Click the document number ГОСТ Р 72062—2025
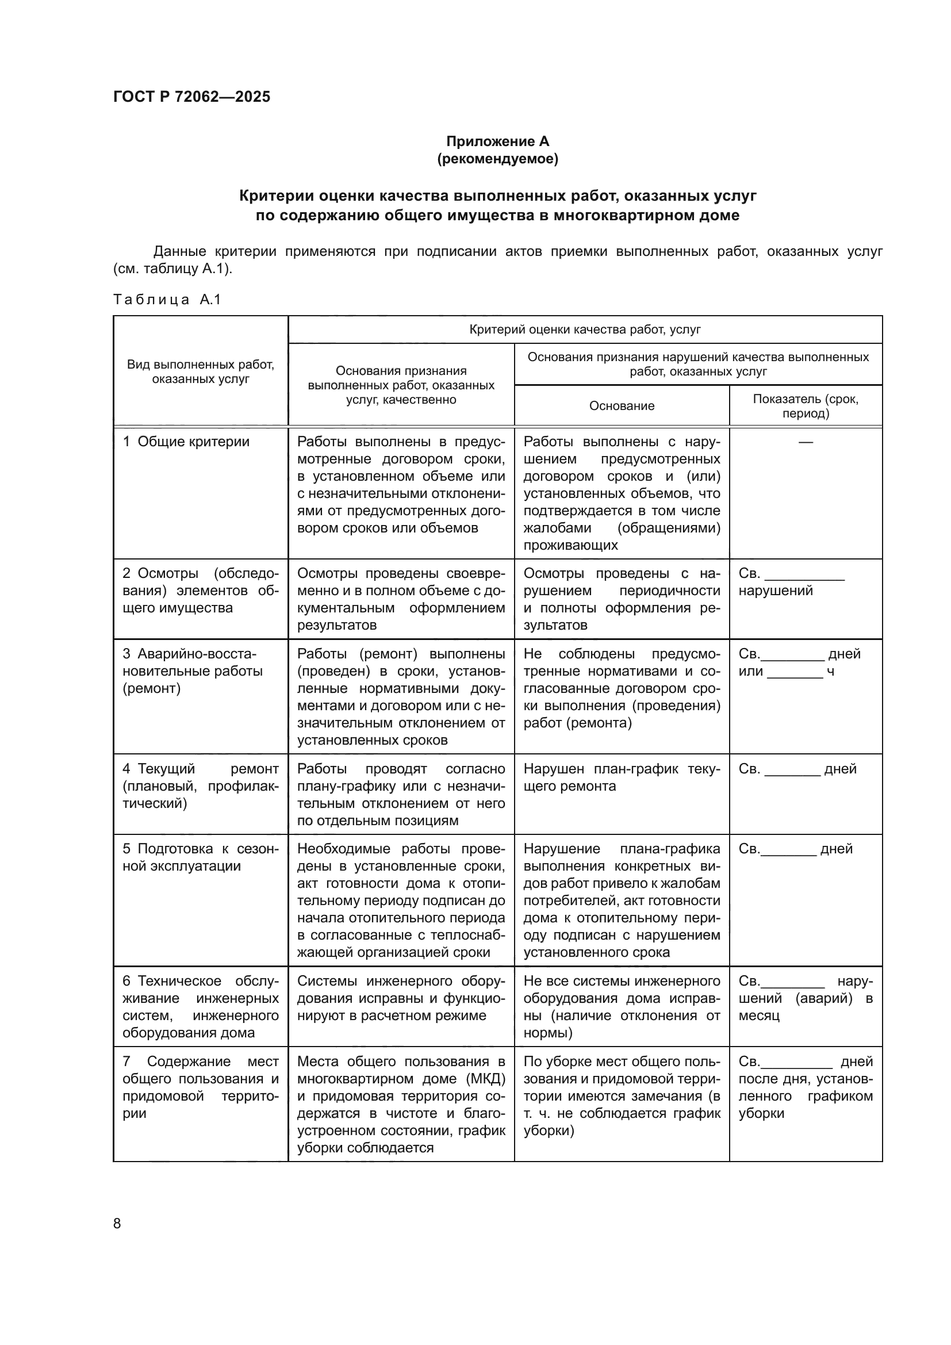coord(191,97)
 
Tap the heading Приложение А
coord(497,141)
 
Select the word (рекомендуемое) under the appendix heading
coord(497,159)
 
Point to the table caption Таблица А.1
coord(167,300)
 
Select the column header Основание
coord(622,406)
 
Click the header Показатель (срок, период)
coord(805,406)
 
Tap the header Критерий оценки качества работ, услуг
coord(584,329)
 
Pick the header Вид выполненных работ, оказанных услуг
coord(200,371)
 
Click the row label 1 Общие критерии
coord(186,442)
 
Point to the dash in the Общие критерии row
coord(805,442)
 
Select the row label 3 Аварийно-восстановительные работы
coord(193,670)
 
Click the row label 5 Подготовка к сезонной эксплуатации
coord(200,857)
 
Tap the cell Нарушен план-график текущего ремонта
coord(622,777)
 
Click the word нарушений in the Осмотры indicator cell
coord(775,591)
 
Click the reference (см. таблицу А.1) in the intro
coord(172,269)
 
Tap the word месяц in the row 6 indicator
coord(758,1016)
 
